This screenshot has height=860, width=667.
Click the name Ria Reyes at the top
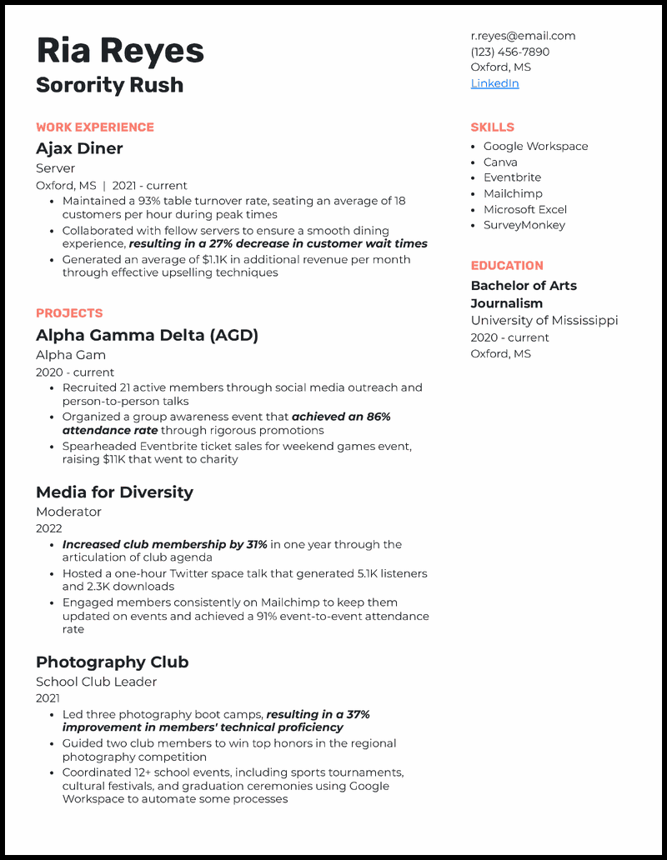click(120, 52)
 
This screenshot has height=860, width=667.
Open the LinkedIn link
click(494, 83)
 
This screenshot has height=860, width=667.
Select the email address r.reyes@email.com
click(523, 36)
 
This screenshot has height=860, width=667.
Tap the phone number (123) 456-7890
click(509, 52)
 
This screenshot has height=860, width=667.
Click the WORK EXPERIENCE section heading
click(95, 127)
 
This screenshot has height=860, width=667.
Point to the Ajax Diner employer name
click(79, 148)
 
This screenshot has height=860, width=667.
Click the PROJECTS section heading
click(69, 313)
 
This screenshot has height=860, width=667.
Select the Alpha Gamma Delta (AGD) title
click(147, 335)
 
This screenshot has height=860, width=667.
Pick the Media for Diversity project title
click(114, 492)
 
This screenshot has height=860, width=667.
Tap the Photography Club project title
click(112, 662)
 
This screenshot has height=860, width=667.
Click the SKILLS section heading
click(492, 127)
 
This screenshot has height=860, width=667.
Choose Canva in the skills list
click(500, 162)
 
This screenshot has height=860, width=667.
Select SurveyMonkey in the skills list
click(524, 225)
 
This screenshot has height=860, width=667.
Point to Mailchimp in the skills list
click(513, 193)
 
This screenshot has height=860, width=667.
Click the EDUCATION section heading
click(507, 266)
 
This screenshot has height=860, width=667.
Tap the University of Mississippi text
click(544, 321)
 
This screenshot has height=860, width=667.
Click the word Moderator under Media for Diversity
click(68, 512)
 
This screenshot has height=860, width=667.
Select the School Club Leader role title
click(96, 682)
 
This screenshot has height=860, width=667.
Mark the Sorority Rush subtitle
click(109, 85)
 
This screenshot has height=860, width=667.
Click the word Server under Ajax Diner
click(55, 168)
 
